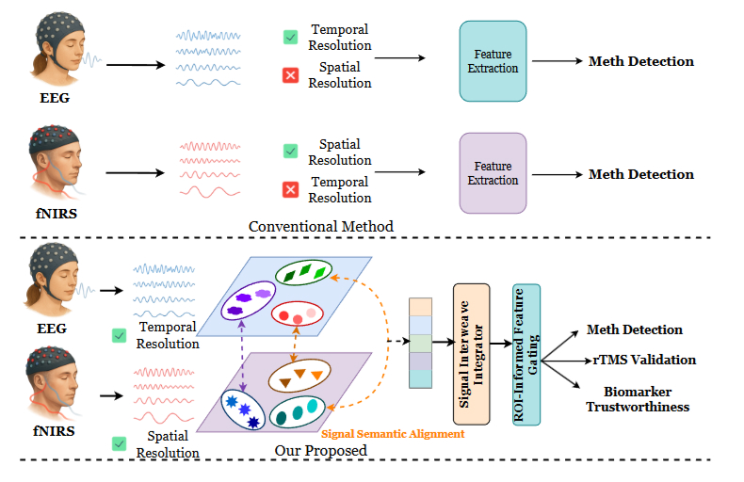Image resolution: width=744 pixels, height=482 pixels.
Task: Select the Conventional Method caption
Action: (x=321, y=227)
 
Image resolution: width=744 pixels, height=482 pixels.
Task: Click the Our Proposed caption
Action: (x=320, y=450)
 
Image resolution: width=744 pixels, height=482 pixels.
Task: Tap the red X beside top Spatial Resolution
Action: (x=291, y=76)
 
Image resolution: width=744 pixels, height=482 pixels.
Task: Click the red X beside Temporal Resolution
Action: (x=291, y=190)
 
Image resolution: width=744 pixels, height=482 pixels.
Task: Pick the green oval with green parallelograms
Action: (x=304, y=274)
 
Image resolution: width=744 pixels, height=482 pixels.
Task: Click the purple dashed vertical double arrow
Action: (x=244, y=355)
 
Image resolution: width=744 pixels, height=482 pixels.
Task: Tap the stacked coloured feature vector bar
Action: (x=419, y=343)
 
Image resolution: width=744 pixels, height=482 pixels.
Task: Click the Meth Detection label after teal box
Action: (x=640, y=61)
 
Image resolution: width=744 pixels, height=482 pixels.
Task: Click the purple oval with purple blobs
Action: (x=247, y=301)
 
